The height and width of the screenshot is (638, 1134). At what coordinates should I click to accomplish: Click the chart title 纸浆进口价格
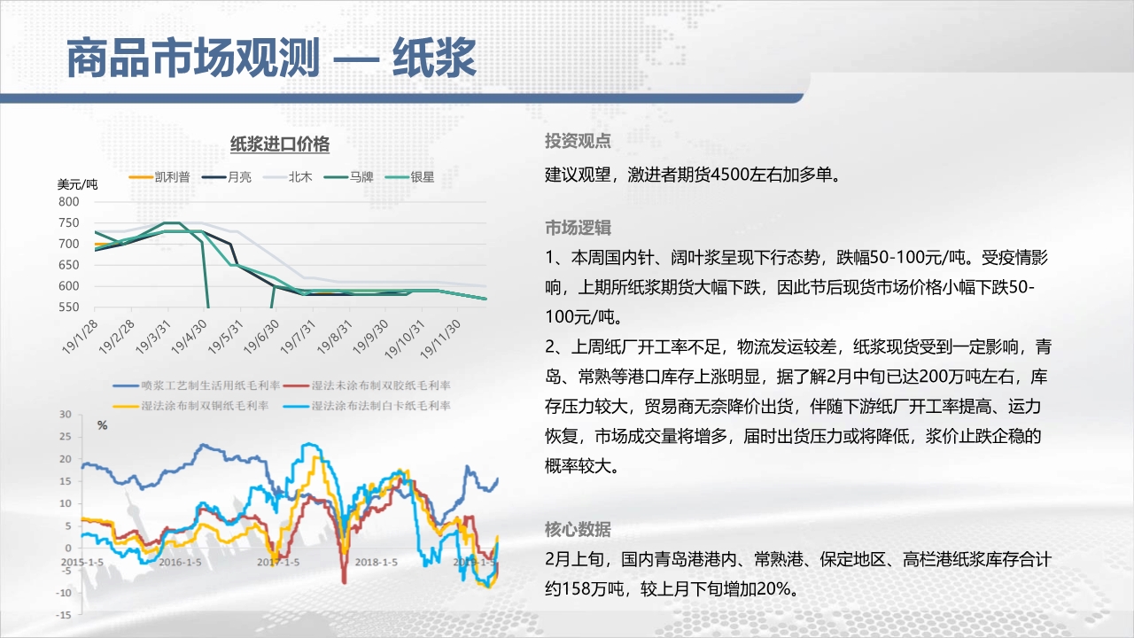(x=279, y=144)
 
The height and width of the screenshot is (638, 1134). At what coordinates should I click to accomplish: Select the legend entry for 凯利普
(x=159, y=176)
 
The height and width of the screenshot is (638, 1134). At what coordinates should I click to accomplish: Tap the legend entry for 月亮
(x=226, y=176)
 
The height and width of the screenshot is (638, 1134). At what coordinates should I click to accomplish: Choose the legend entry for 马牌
(x=348, y=176)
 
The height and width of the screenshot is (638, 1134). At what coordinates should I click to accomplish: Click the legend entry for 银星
(x=409, y=176)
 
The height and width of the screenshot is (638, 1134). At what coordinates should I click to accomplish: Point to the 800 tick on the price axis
(x=69, y=201)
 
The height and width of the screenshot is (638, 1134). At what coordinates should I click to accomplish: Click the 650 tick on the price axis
(x=69, y=265)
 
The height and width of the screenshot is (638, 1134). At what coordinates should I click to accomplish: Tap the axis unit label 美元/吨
(x=77, y=184)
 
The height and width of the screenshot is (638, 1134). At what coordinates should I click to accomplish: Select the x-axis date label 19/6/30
(x=261, y=336)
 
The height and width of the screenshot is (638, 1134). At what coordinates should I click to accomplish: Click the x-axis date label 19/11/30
(x=440, y=338)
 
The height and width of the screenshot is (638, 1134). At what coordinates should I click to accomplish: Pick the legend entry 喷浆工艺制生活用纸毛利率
(x=197, y=385)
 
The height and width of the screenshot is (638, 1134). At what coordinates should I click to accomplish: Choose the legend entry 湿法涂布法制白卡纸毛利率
(x=367, y=406)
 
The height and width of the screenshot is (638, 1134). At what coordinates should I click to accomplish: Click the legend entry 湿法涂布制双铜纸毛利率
(x=190, y=406)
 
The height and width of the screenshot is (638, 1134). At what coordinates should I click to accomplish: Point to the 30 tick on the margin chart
(x=66, y=414)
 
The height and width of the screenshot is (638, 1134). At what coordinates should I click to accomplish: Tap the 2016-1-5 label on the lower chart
(x=180, y=562)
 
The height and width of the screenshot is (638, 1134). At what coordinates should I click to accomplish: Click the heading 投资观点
(x=578, y=141)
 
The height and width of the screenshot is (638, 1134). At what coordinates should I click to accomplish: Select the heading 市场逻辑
(x=578, y=228)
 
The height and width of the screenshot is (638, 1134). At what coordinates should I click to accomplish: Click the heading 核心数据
(x=578, y=529)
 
